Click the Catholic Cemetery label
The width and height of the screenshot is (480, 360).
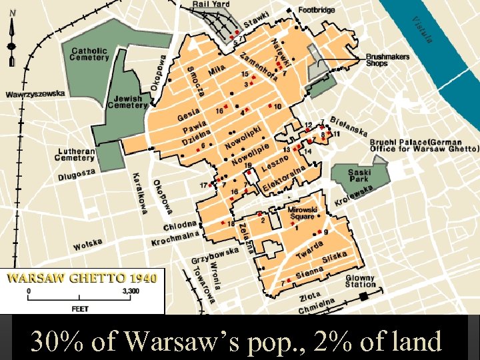pyautogui.click(x=90, y=54)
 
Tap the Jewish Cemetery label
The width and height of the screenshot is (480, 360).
pyautogui.click(x=127, y=101)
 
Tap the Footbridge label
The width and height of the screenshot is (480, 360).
pyautogui.click(x=317, y=11)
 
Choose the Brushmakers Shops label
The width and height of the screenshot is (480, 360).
pyautogui.click(x=387, y=61)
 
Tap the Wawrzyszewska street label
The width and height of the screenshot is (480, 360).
pyautogui.click(x=36, y=94)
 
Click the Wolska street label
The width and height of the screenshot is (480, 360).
pyautogui.click(x=88, y=245)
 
